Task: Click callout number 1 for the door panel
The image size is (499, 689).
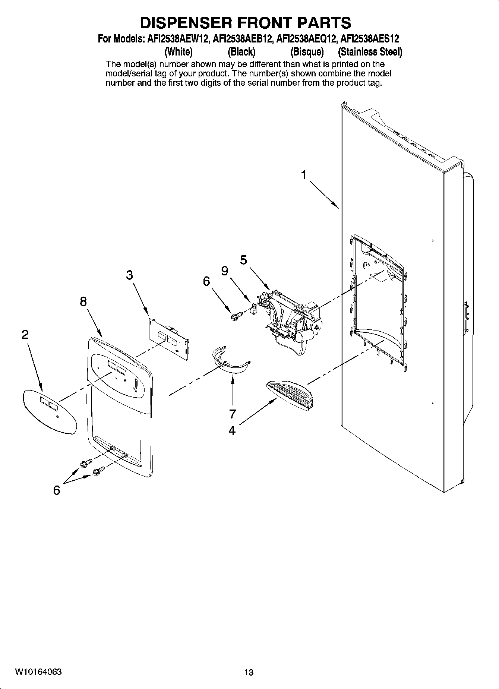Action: [x=304, y=175]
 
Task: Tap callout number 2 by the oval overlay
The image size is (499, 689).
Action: [x=25, y=335]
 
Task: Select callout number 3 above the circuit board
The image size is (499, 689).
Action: [x=129, y=275]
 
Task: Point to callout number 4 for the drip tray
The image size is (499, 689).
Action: [x=232, y=431]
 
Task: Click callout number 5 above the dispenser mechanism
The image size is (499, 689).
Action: [x=243, y=260]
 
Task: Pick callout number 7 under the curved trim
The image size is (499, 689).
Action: [x=233, y=414]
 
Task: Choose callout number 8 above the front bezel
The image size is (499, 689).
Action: [x=83, y=301]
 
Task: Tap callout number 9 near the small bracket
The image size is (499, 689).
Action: [x=225, y=271]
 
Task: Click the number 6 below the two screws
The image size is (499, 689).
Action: [x=56, y=490]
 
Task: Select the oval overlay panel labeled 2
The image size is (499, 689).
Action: [x=49, y=412]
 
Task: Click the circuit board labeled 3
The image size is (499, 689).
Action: [x=170, y=338]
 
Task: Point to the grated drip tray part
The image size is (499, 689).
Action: [x=291, y=395]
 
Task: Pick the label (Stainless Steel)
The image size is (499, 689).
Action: [x=370, y=51]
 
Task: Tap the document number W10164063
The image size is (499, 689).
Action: [x=38, y=672]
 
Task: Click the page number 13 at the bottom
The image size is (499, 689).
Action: [x=249, y=672]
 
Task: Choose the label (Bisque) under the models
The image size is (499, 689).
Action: [x=307, y=51]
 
